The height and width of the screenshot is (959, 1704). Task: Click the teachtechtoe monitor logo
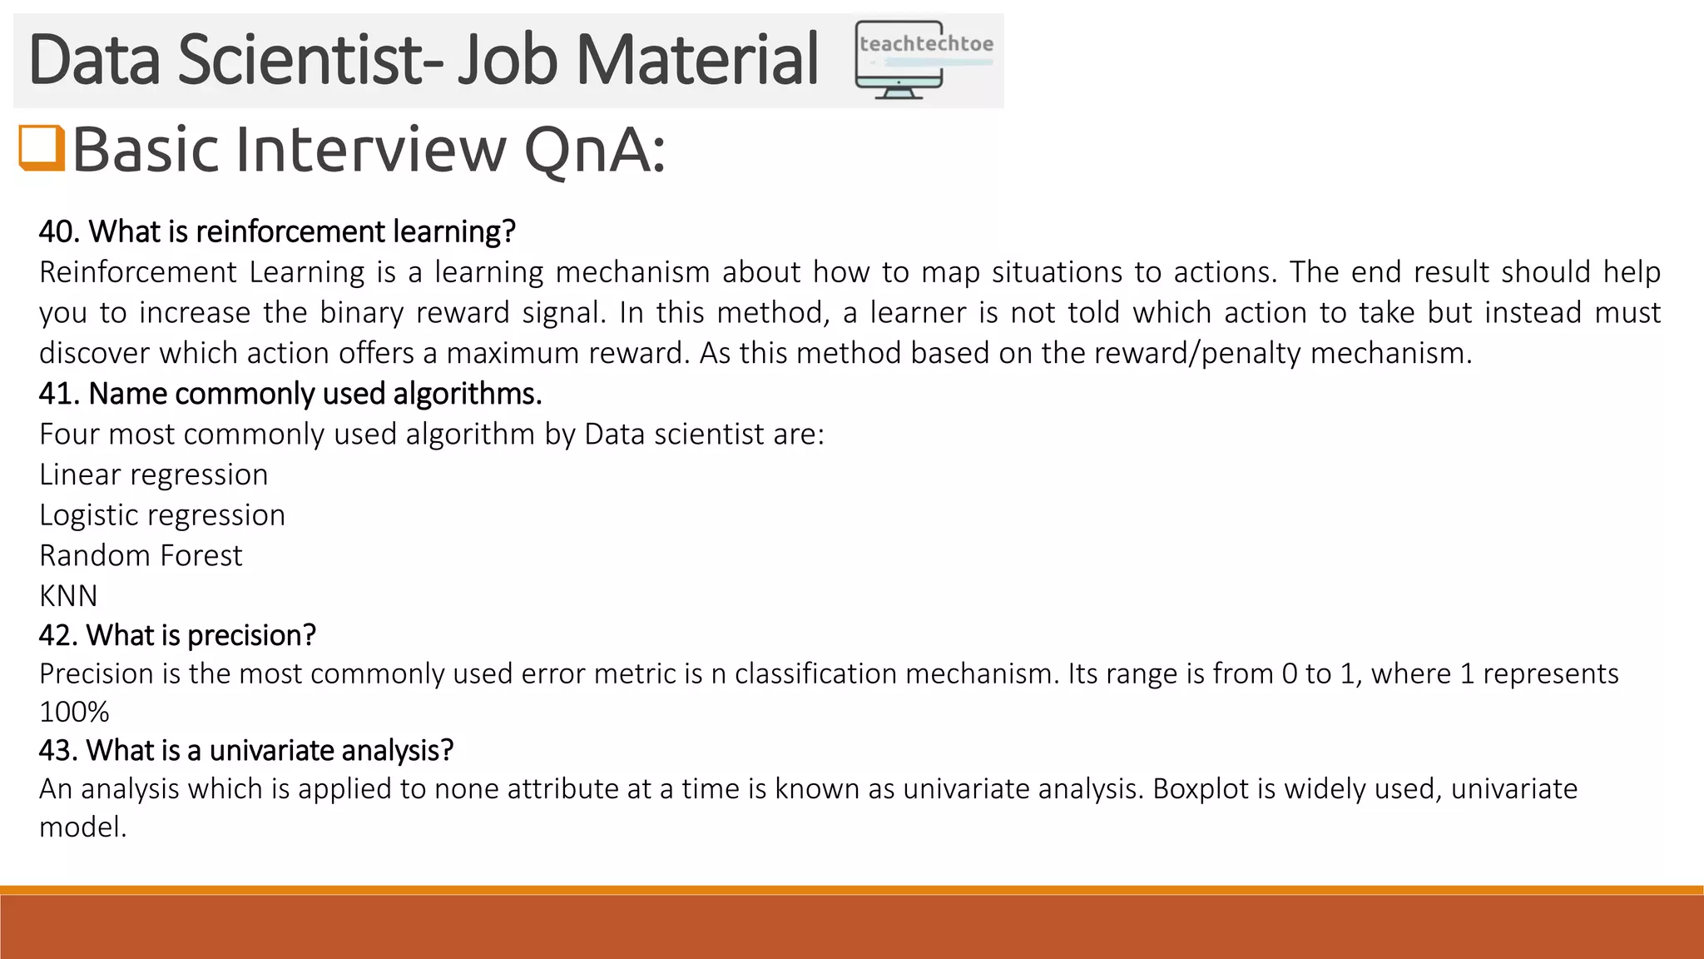click(924, 60)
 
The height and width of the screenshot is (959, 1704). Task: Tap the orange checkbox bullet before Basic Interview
click(41, 148)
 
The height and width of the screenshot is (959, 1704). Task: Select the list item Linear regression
click(154, 475)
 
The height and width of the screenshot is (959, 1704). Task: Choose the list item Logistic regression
click(162, 515)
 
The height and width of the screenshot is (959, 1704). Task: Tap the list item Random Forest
click(141, 555)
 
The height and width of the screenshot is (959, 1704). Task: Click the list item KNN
click(68, 596)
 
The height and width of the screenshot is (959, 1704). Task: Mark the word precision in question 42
click(251, 636)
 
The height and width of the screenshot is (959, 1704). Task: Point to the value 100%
click(74, 713)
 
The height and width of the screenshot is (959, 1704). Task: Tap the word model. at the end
click(82, 827)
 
